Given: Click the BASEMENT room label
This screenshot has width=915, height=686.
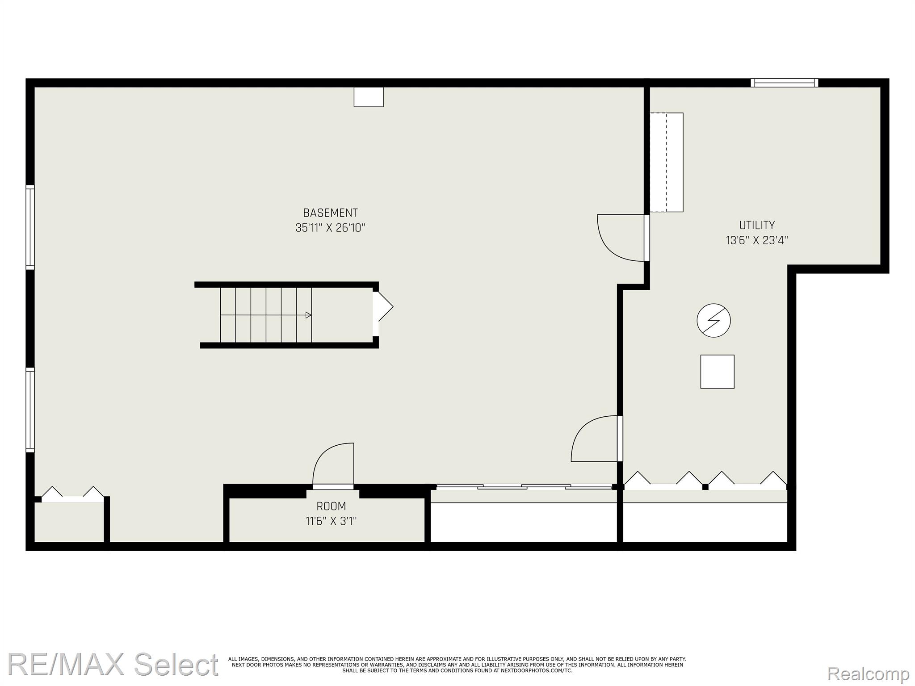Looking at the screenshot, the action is pyautogui.click(x=330, y=213).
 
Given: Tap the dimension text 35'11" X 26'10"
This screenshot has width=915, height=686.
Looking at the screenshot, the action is pyautogui.click(x=330, y=228).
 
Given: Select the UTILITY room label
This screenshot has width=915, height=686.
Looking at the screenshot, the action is pyautogui.click(x=757, y=225).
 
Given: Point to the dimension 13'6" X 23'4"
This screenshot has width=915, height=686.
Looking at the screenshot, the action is pyautogui.click(x=757, y=240).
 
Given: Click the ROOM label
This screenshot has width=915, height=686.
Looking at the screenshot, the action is pyautogui.click(x=331, y=506).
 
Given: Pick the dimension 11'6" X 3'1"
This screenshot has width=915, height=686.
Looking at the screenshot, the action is pyautogui.click(x=331, y=521).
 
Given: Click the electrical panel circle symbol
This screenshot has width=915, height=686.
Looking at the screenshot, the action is pyautogui.click(x=714, y=320).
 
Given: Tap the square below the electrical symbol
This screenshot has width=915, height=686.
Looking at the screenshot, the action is pyautogui.click(x=717, y=372).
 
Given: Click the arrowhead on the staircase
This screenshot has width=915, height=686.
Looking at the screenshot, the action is pyautogui.click(x=308, y=315).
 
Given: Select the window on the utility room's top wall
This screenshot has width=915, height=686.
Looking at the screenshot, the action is pyautogui.click(x=785, y=83).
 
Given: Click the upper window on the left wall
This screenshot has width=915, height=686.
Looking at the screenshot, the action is pyautogui.click(x=30, y=227).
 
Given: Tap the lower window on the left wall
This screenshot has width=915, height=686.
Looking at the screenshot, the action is pyautogui.click(x=30, y=410).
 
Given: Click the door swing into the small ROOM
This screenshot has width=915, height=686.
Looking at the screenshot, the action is pyautogui.click(x=333, y=464).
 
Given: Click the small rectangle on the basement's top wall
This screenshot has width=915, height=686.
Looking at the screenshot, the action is pyautogui.click(x=369, y=97).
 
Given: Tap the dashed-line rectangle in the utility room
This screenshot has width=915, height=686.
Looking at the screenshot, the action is pyautogui.click(x=666, y=162).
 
